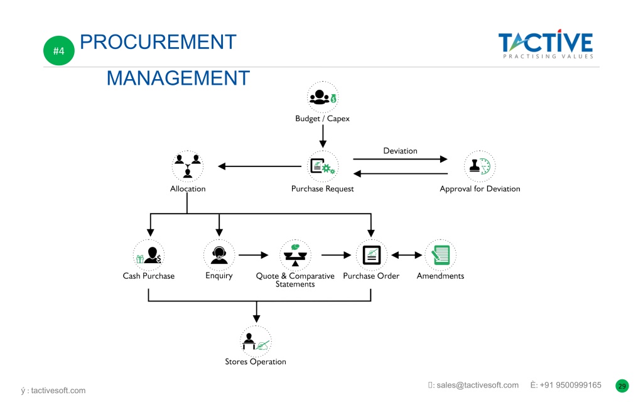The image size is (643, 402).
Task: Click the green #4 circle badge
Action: [x=58, y=50]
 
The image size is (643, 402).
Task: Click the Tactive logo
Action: [x=546, y=44]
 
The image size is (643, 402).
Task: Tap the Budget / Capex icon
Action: [x=323, y=97]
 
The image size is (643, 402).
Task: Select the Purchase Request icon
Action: [x=323, y=166]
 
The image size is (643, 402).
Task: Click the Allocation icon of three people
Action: [x=187, y=166]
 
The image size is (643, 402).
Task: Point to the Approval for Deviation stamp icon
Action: [x=480, y=166]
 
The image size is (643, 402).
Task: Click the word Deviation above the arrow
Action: [x=400, y=151]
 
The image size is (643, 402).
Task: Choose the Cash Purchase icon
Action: [x=149, y=255]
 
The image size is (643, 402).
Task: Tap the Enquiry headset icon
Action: [x=219, y=255]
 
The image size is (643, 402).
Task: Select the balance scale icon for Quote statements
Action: [x=295, y=255]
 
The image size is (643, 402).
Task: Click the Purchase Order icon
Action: [x=372, y=255]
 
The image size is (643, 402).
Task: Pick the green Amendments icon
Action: [x=440, y=255]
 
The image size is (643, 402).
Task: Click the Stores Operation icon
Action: [x=256, y=341]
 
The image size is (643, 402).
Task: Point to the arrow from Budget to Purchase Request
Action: [x=323, y=136]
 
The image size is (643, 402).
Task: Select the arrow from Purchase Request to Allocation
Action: [x=259, y=166]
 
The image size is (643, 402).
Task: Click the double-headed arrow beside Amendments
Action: [x=406, y=255]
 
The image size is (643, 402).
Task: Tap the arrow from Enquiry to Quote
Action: [x=254, y=255]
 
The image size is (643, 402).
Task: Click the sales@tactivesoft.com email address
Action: [x=477, y=385]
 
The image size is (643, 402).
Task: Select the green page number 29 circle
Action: [x=622, y=386]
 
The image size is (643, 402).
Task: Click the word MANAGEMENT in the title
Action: [x=178, y=78]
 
